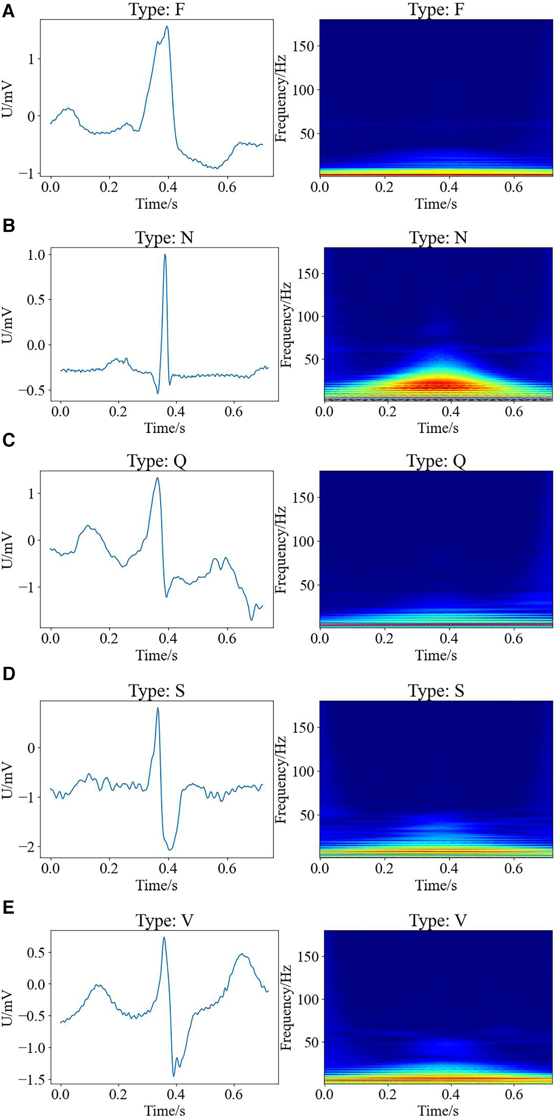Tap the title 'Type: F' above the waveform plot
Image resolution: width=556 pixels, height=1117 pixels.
tap(156, 9)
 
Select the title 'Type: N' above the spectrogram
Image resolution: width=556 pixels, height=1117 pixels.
tap(438, 237)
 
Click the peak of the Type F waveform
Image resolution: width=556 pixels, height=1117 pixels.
tap(167, 27)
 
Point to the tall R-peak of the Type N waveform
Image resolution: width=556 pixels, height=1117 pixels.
tap(165, 255)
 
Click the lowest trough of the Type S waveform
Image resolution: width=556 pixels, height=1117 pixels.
tap(170, 849)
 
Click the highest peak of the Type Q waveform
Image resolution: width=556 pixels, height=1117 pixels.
tap(157, 478)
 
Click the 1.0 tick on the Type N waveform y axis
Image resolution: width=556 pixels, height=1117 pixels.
tap(36, 255)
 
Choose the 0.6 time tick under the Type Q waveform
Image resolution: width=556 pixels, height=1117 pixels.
tap(226, 638)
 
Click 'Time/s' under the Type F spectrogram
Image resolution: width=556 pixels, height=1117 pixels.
tap(435, 204)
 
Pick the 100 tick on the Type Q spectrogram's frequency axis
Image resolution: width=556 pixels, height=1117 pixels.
tap(303, 541)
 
